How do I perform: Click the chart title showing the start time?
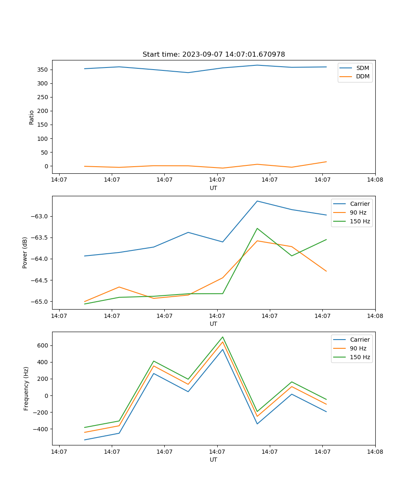(214, 55)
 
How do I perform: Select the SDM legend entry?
(362, 68)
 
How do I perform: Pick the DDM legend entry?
(362, 77)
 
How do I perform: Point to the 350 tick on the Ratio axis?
(43, 70)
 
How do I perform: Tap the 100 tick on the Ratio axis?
(43, 138)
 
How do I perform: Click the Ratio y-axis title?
(32, 117)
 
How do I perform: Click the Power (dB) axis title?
(25, 252)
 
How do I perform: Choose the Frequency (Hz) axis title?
(26, 388)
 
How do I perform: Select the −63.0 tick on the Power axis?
(40, 216)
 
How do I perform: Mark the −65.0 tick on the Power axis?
(40, 302)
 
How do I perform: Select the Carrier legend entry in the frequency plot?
(359, 340)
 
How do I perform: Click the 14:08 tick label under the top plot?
(375, 180)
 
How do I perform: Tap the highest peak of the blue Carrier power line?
(257, 201)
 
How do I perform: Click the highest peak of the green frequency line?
(223, 337)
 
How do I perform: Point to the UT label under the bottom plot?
(214, 460)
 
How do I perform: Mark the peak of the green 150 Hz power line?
(257, 228)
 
